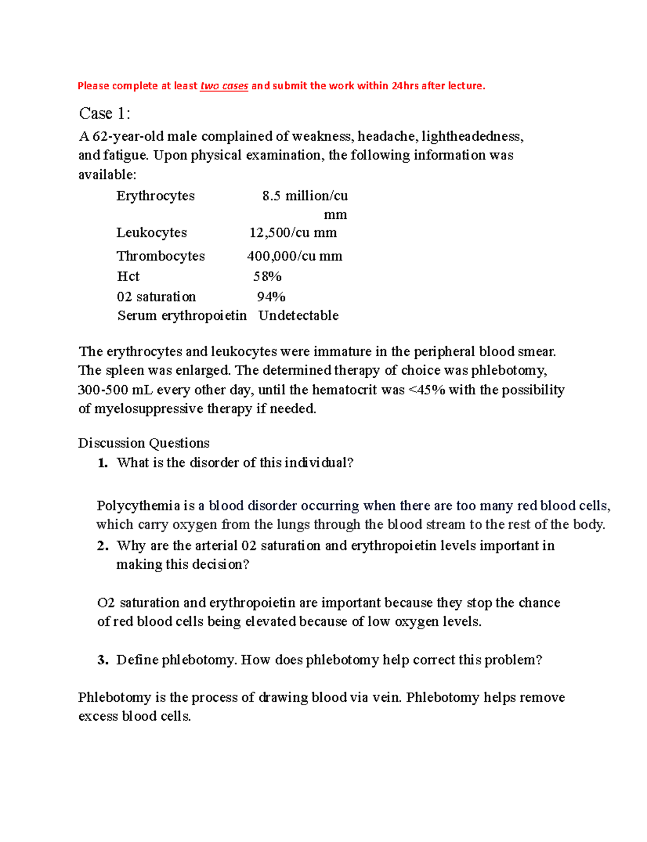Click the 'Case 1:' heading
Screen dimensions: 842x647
click(x=105, y=114)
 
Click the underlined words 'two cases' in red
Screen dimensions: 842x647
click(x=224, y=86)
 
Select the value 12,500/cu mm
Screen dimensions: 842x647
click(x=293, y=233)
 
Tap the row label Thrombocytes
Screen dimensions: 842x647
click(x=161, y=256)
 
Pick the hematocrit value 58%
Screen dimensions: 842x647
click(x=267, y=277)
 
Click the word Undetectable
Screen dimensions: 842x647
click(x=298, y=316)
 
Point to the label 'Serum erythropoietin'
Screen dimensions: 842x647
click(x=182, y=316)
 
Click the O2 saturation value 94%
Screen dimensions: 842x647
click(x=271, y=297)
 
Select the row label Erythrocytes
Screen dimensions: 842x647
click(x=155, y=196)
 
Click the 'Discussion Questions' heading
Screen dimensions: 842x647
click(x=143, y=443)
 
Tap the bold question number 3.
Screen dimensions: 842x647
click(x=102, y=660)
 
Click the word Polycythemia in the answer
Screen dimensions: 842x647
click(x=138, y=506)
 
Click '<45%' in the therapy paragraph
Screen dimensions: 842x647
click(x=427, y=390)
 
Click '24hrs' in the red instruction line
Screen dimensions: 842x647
click(x=405, y=86)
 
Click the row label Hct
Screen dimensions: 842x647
click(x=128, y=277)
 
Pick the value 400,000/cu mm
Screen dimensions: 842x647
click(x=294, y=256)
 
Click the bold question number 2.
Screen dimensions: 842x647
click(x=102, y=546)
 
